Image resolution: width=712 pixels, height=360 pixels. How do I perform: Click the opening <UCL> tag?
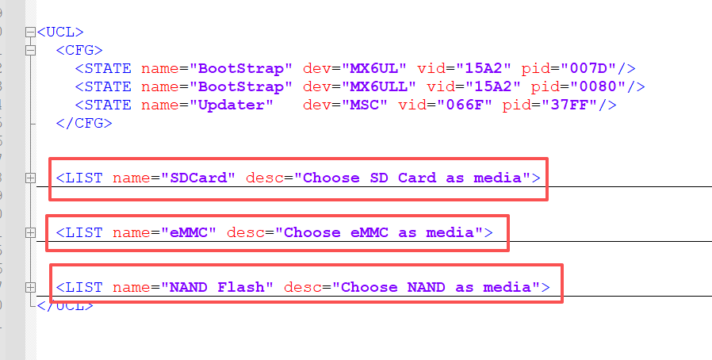60,33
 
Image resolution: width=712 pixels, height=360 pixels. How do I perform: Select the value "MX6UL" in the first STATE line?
369,68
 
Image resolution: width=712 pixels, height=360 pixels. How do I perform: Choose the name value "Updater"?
230,105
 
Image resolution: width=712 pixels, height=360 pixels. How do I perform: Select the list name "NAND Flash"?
218,287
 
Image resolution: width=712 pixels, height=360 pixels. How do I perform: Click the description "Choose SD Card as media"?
412,178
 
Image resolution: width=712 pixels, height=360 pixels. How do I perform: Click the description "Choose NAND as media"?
436,287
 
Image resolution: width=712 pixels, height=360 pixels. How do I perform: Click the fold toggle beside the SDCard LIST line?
31,178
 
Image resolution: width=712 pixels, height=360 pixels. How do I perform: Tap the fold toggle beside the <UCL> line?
31,33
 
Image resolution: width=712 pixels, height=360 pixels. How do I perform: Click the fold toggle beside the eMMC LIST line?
31,232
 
